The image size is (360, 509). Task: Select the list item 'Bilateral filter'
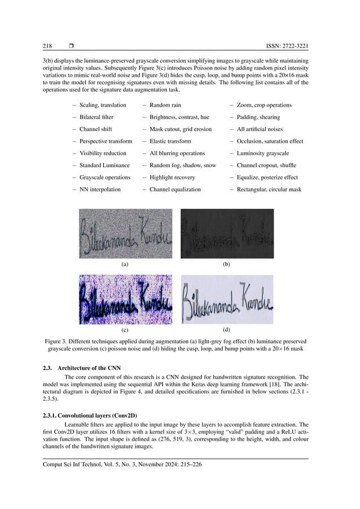[x=96, y=117]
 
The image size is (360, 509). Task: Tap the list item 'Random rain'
[x=165, y=105]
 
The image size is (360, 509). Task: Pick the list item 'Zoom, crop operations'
[x=265, y=105]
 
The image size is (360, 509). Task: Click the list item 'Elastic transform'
[x=170, y=141]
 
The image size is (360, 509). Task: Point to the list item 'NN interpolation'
[x=100, y=189]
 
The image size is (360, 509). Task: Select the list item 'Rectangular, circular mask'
[x=269, y=189]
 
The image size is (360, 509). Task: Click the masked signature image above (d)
[x=227, y=299]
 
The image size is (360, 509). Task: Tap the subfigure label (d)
[x=227, y=328]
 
